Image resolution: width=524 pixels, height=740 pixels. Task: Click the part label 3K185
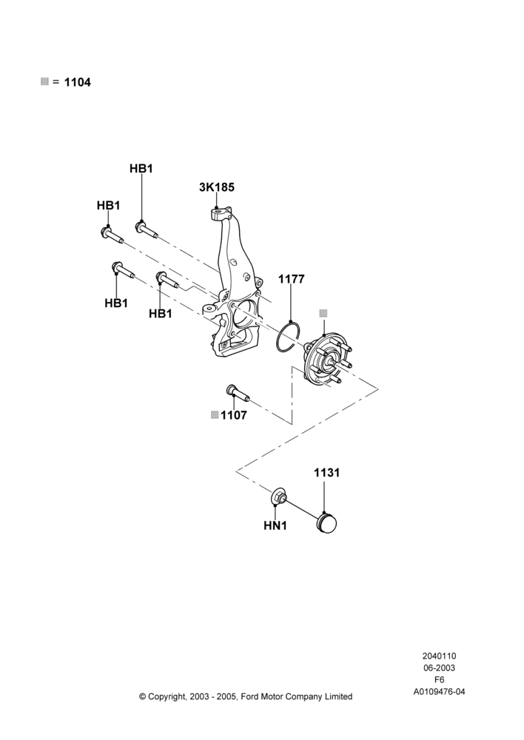coord(217,187)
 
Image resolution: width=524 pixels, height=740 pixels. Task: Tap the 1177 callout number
coord(292,279)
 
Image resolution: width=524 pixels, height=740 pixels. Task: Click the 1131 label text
coord(326,472)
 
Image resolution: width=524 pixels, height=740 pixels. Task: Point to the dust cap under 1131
coord(326,524)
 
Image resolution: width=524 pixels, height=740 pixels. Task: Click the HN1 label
coord(275,525)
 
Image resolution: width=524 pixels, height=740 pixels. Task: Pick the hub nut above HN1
coord(278,497)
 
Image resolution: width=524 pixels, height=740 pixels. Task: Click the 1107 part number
coord(234,415)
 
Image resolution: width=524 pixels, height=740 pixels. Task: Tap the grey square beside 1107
coord(215,415)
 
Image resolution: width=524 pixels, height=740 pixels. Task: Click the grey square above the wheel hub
coord(323,313)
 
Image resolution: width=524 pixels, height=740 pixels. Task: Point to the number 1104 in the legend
coord(78,82)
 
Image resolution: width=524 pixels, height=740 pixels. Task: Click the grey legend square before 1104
coord(45,81)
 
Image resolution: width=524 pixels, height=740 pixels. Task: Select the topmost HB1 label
coord(141,169)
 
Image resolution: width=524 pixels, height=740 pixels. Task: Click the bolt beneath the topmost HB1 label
coord(147,230)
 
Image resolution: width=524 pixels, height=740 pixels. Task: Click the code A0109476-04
coord(439,692)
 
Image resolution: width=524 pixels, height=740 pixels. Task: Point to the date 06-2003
coord(439,667)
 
